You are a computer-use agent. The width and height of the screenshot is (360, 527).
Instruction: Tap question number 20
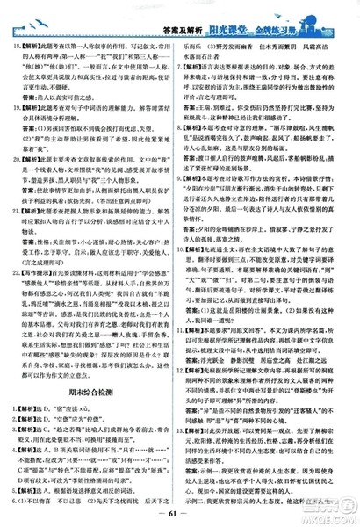pyautogui.click(x=13, y=159)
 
